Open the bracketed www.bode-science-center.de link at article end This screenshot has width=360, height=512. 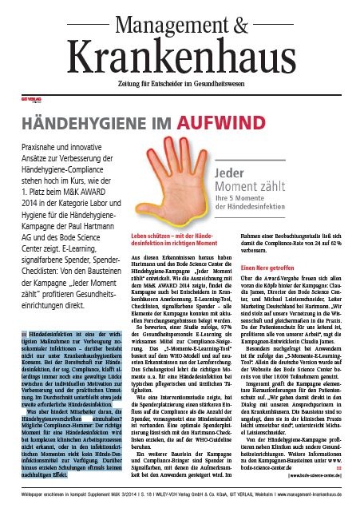(x=311, y=474)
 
